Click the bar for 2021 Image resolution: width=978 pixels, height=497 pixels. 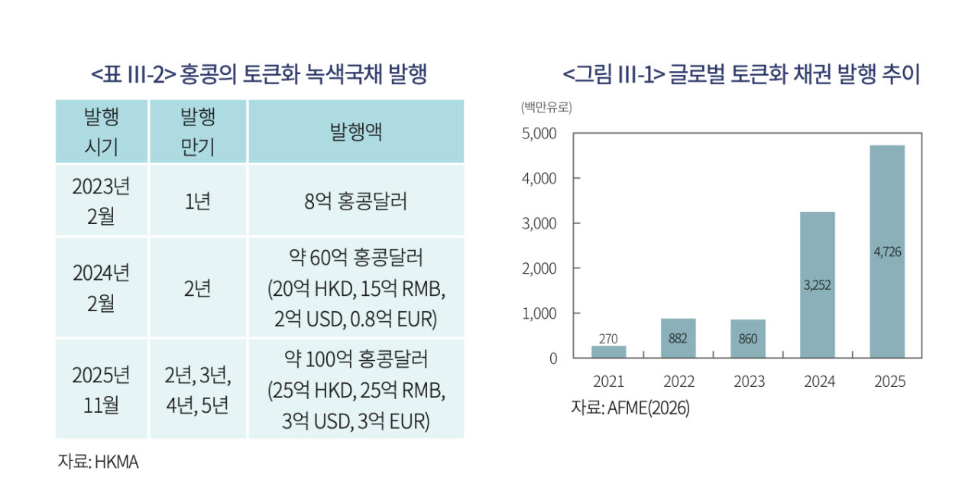pyautogui.click(x=609, y=352)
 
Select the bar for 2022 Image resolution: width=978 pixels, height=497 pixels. pyautogui.click(x=678, y=339)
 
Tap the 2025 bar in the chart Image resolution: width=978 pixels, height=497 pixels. pyautogui.click(x=887, y=252)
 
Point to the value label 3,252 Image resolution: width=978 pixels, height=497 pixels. pyautogui.click(x=818, y=285)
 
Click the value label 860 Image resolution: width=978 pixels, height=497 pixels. pyautogui.click(x=748, y=339)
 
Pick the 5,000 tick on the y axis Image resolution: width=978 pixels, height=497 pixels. pyautogui.click(x=539, y=133)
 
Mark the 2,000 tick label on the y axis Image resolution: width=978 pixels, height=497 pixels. pyautogui.click(x=539, y=268)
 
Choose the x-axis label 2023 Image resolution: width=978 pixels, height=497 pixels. pyautogui.click(x=750, y=382)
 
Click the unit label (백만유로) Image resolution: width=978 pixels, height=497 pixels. pyautogui.click(x=546, y=107)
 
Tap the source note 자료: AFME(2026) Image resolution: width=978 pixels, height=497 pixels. pyautogui.click(x=630, y=408)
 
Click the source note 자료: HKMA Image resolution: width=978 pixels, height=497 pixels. pyautogui.click(x=99, y=462)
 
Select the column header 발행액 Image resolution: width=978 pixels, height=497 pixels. pyautogui.click(x=356, y=132)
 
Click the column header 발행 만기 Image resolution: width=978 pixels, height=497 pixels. pyautogui.click(x=198, y=132)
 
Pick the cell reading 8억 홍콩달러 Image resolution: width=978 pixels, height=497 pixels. pyautogui.click(x=356, y=201)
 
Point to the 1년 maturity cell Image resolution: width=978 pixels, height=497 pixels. pyautogui.click(x=198, y=201)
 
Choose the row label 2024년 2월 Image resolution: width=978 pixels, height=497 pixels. pyautogui.click(x=102, y=287)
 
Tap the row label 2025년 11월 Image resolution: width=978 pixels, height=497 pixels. pyautogui.click(x=102, y=390)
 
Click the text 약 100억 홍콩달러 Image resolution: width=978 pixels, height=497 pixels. pyautogui.click(x=356, y=359)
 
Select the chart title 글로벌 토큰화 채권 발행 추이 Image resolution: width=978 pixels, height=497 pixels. pyautogui.click(x=794, y=74)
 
